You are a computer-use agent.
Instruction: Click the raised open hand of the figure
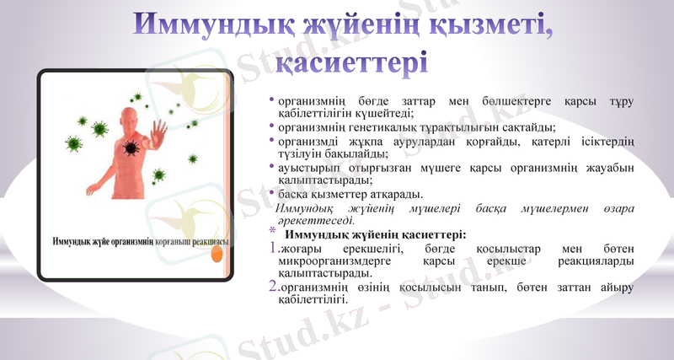(159, 131)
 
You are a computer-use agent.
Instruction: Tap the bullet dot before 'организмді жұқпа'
(272, 142)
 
